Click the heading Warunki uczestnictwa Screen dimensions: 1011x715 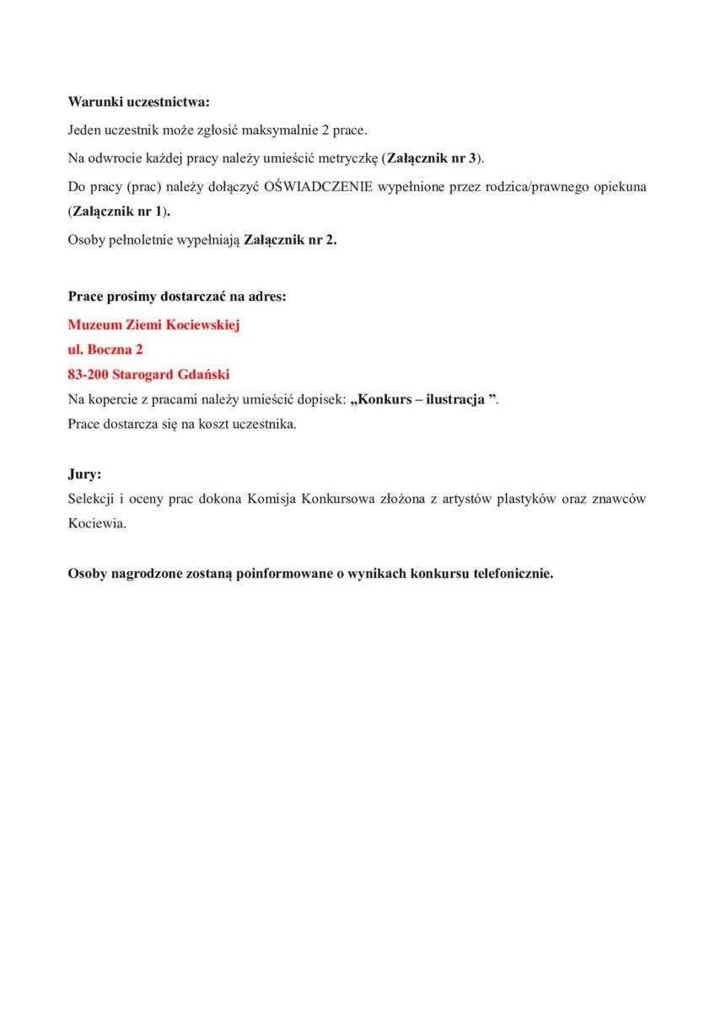pos(138,102)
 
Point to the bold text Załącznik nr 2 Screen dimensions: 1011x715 pos(289,240)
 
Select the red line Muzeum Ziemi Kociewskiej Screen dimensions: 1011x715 pos(154,324)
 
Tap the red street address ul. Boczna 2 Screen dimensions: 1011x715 pos(105,350)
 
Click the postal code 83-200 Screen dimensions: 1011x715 pos(87,375)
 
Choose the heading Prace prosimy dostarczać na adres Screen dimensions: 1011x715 pos(177,297)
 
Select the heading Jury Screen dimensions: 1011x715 pos(83,474)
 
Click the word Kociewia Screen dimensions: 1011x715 pos(97,523)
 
